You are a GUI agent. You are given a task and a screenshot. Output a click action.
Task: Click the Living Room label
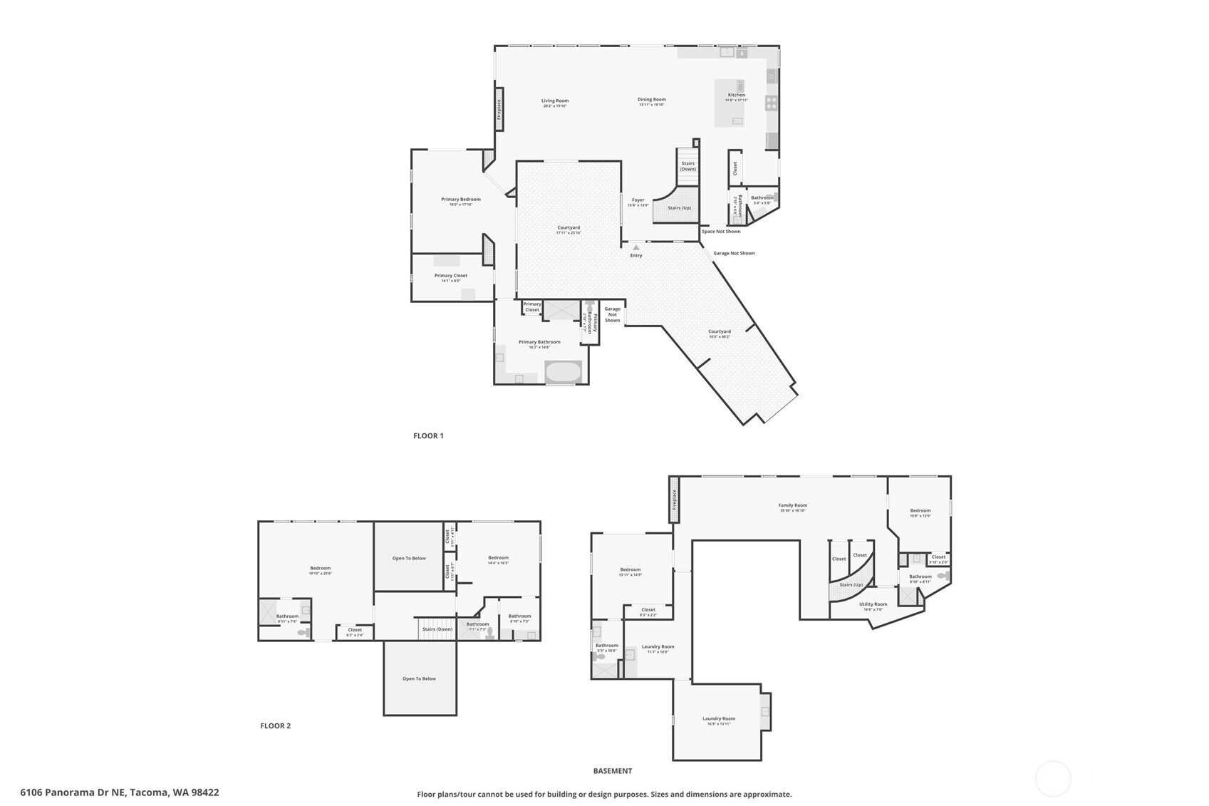click(554, 101)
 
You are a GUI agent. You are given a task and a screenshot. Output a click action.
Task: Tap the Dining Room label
click(651, 100)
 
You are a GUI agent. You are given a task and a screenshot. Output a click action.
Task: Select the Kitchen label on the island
click(736, 95)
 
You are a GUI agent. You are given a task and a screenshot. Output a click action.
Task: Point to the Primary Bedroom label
click(460, 200)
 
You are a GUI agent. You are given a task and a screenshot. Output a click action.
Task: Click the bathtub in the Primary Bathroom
click(563, 372)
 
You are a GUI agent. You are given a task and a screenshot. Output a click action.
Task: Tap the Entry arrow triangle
click(635, 247)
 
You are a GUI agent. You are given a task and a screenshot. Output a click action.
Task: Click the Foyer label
click(638, 200)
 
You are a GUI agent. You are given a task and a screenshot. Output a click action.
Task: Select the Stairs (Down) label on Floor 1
click(687, 166)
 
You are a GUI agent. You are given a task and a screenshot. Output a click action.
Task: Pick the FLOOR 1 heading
click(428, 435)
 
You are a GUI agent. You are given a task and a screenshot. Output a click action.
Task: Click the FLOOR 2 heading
click(275, 725)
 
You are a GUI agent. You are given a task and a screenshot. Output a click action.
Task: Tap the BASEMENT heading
click(612, 770)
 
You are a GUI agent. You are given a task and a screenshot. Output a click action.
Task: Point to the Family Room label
click(792, 505)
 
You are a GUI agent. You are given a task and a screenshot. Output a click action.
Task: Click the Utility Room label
click(873, 604)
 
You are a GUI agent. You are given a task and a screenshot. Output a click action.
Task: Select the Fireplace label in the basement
click(674, 500)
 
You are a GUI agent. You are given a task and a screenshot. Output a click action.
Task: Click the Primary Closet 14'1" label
click(450, 276)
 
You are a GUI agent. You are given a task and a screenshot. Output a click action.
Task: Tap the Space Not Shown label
click(721, 231)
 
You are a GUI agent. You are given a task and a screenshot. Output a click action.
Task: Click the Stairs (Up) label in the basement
click(851, 585)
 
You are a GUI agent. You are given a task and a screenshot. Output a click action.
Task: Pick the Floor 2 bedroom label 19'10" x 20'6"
click(320, 569)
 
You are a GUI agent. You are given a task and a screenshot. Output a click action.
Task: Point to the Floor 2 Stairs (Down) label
click(437, 629)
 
